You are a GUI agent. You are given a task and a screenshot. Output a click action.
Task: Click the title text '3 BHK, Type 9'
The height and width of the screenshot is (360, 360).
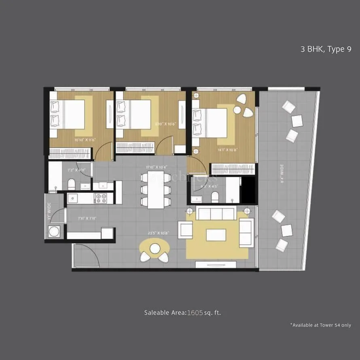[x=326, y=50]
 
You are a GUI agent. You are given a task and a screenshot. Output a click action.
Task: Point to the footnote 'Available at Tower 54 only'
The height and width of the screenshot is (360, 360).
[x=320, y=325]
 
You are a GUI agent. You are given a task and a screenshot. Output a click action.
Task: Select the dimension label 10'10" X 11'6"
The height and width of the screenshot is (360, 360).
[x=85, y=140]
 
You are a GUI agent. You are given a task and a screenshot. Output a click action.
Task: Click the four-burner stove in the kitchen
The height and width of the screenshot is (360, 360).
[x=101, y=198]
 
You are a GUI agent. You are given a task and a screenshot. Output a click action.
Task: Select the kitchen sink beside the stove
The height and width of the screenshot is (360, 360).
[x=73, y=198]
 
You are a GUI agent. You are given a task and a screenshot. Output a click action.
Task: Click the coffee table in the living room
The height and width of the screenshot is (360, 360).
[x=216, y=235]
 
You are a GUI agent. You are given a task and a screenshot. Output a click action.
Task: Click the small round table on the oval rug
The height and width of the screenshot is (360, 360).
[x=155, y=248]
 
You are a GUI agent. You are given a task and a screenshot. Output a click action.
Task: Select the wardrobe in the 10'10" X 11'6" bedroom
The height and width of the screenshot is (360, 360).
[x=71, y=152]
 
